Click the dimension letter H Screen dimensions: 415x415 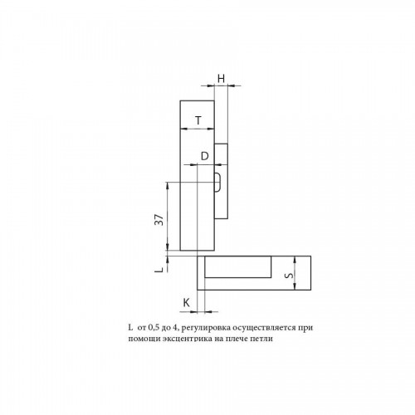pos(221,79)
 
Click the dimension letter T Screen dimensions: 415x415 pos(198,120)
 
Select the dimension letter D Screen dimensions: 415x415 pos(204,156)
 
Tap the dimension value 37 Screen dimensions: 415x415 pos(159,219)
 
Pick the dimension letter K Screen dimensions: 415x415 pos(187,303)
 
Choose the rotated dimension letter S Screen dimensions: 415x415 pos(290,276)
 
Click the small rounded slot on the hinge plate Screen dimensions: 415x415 pos(217,182)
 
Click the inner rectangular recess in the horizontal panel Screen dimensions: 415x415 pos(237,266)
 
